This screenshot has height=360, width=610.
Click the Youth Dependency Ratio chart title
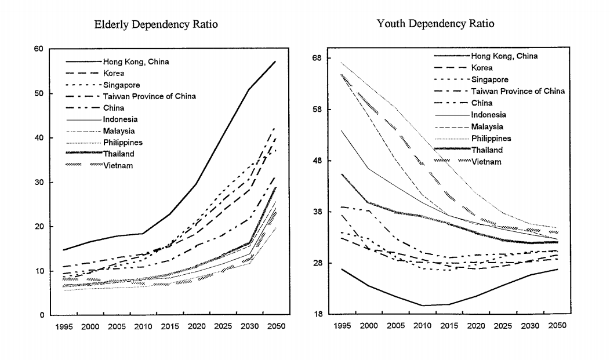[x=435, y=24]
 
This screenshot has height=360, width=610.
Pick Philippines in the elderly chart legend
[x=124, y=142]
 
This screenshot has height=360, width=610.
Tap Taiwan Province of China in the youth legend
[x=518, y=91]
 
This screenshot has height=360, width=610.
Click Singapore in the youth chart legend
[x=490, y=79]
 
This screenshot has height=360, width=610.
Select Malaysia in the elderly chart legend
[x=120, y=131]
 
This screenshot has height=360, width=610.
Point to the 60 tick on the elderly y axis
[x=39, y=49]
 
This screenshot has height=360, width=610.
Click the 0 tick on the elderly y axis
[x=42, y=315]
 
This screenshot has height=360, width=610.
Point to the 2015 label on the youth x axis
[x=448, y=326]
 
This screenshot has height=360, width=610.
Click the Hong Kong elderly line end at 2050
[x=275, y=61]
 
